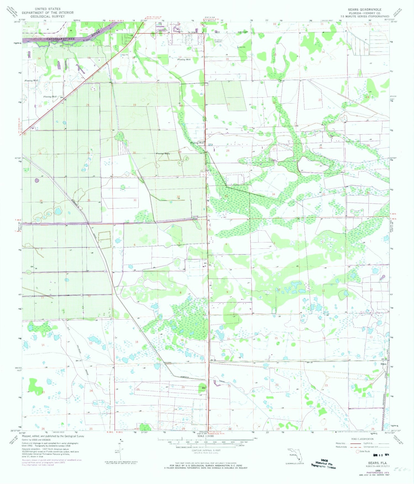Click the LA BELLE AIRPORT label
click(x=218, y=41)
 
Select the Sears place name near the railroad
click(x=383, y=364)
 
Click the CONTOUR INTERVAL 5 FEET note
click(x=206, y=451)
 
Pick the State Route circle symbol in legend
click(x=358, y=451)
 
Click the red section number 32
click(x=178, y=197)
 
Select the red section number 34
click(x=274, y=194)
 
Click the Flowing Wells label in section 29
click(x=163, y=154)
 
